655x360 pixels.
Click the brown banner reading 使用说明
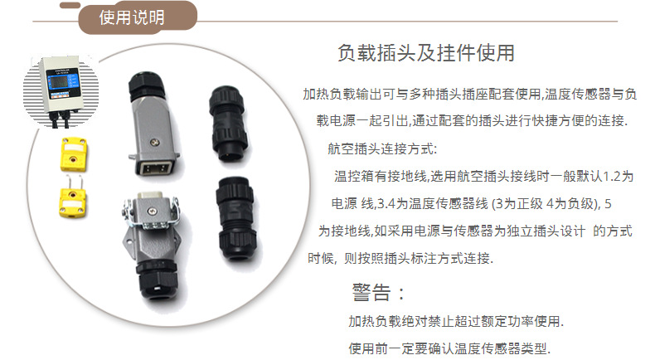[137, 17]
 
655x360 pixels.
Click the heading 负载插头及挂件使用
[425, 53]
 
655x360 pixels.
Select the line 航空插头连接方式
[382, 148]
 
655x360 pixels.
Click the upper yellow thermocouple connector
[74, 154]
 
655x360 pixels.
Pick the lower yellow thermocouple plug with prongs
[73, 197]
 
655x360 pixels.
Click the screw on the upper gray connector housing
[154, 143]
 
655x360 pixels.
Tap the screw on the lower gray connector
[151, 212]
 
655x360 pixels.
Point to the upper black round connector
[228, 124]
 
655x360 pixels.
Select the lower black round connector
[236, 219]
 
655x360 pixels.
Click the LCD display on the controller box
[59, 82]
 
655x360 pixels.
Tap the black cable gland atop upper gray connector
[146, 85]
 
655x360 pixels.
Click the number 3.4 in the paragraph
[386, 204]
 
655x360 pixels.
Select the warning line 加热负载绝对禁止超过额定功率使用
[456, 321]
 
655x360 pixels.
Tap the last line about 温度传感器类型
[449, 348]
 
